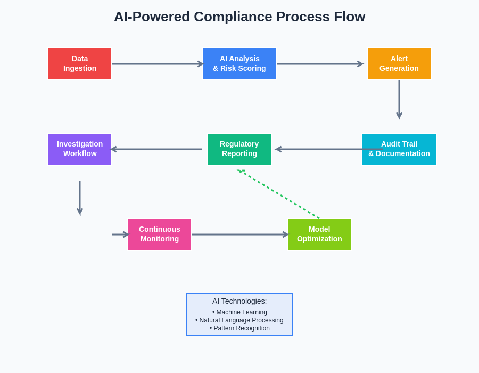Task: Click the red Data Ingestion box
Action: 80,64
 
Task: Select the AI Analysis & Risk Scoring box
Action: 240,64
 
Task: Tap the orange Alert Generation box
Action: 399,64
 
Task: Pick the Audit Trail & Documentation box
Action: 399,149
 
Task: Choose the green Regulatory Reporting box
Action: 240,149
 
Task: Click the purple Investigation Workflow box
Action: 80,149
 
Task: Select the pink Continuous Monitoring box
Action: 160,234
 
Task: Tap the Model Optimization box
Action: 319,234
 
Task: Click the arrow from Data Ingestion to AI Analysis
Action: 157,64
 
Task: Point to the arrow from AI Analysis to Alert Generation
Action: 319,64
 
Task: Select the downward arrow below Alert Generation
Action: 399,99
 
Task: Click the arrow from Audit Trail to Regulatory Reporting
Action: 319,149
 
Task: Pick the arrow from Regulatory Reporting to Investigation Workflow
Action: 157,149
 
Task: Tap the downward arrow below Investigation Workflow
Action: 80,198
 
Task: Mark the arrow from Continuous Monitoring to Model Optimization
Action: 240,234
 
